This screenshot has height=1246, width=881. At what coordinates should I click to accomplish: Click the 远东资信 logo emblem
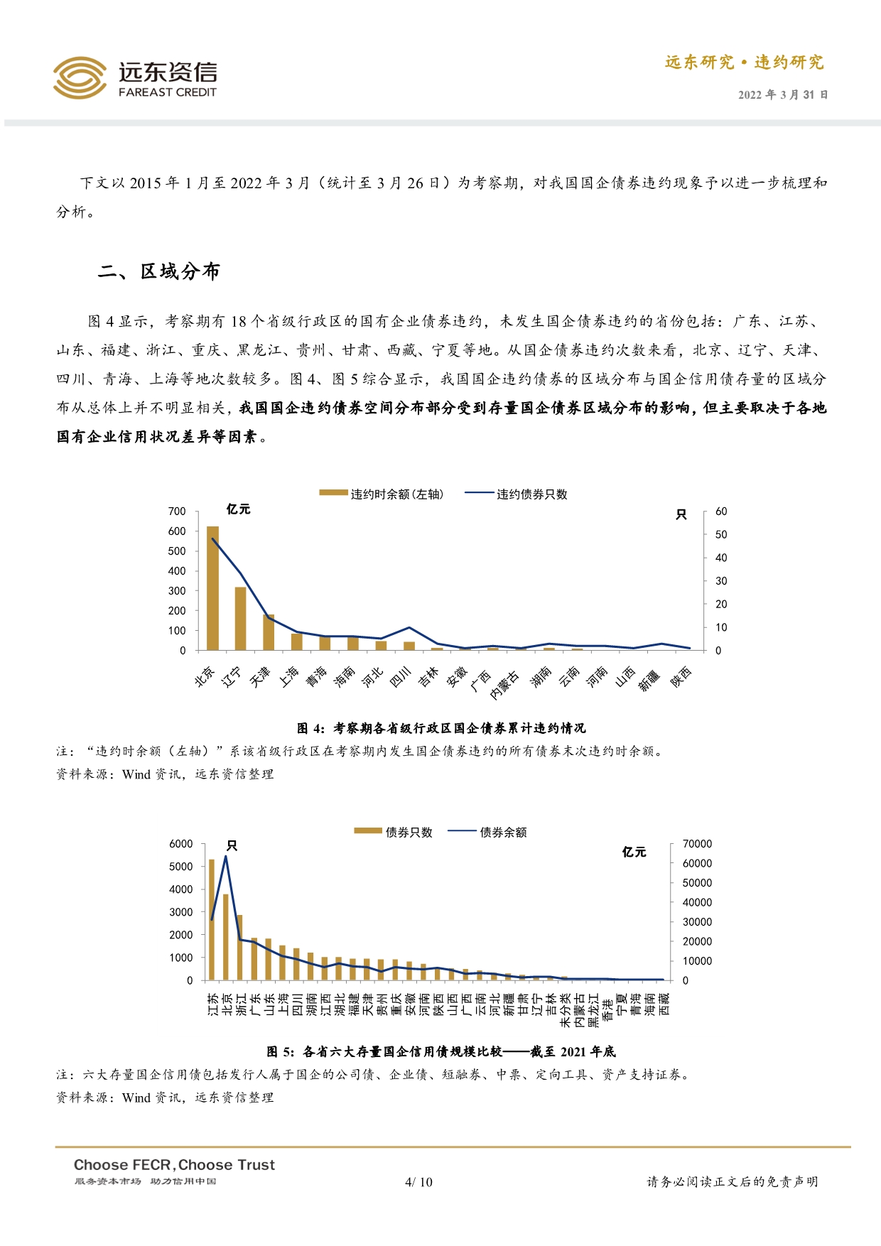[80, 77]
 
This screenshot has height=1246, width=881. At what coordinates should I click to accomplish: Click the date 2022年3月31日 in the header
[783, 94]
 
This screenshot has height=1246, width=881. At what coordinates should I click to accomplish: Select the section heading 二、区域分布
[159, 271]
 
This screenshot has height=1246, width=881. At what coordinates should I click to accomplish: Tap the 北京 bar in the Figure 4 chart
[212, 588]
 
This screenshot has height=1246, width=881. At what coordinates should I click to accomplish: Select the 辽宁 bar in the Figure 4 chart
[240, 618]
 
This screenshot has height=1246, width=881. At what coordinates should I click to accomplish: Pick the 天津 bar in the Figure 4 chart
[269, 632]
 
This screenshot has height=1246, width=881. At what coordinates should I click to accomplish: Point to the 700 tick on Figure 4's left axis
[177, 511]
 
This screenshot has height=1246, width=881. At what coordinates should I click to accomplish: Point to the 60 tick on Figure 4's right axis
[721, 511]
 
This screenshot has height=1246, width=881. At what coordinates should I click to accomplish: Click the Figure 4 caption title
[441, 728]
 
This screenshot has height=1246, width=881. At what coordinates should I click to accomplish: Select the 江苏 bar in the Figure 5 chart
[212, 919]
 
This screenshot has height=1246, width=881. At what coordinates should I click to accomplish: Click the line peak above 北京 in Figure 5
[226, 856]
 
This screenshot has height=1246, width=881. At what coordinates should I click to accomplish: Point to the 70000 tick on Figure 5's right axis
[697, 844]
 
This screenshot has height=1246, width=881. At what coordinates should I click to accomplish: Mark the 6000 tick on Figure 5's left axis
[181, 844]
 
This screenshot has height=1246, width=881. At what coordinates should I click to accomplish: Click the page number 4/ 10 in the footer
[418, 1182]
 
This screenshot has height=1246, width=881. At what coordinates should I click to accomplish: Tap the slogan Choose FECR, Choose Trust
[174, 1165]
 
